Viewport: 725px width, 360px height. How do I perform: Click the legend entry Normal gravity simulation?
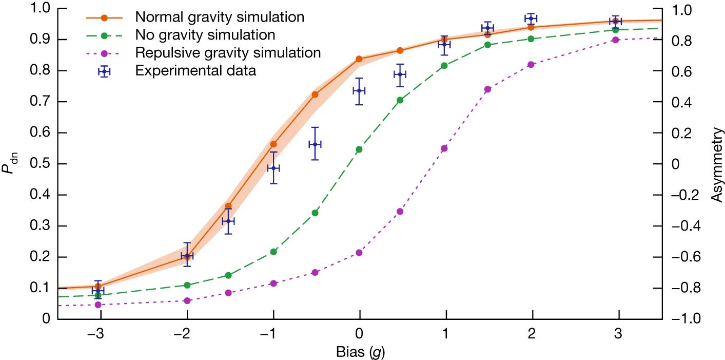[220, 17]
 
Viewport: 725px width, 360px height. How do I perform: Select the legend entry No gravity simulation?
[205, 35]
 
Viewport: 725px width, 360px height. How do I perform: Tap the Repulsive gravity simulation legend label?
[228, 52]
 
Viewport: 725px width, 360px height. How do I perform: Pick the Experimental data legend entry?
[195, 70]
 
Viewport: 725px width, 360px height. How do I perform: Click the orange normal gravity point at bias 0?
[359, 59]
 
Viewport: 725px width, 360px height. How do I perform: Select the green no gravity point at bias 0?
[359, 149]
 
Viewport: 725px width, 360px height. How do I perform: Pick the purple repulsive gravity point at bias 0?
[359, 253]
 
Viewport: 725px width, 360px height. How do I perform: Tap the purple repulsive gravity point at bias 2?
[532, 65]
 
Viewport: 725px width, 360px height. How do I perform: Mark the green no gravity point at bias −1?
[273, 252]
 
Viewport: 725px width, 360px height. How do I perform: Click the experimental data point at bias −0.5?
[315, 144]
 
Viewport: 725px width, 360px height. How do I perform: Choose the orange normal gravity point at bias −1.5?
[228, 206]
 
